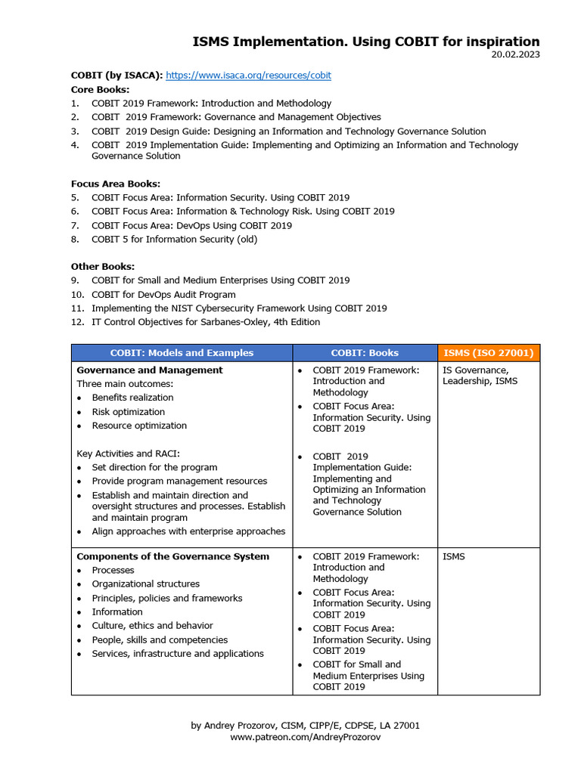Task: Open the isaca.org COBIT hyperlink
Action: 248,76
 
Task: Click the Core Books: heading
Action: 100,89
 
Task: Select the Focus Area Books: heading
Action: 115,184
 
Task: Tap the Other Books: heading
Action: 103,266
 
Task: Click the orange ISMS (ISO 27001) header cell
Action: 488,353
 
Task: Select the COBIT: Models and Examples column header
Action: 182,353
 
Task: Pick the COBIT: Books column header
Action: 365,353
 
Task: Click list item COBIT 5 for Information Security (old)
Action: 174,240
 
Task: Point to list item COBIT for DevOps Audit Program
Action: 163,294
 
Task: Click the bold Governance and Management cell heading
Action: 150,370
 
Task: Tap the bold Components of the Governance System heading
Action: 172,556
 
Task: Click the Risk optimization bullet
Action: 128,412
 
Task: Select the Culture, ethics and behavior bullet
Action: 152,626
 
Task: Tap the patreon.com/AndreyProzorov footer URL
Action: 305,737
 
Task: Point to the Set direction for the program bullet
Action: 154,467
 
